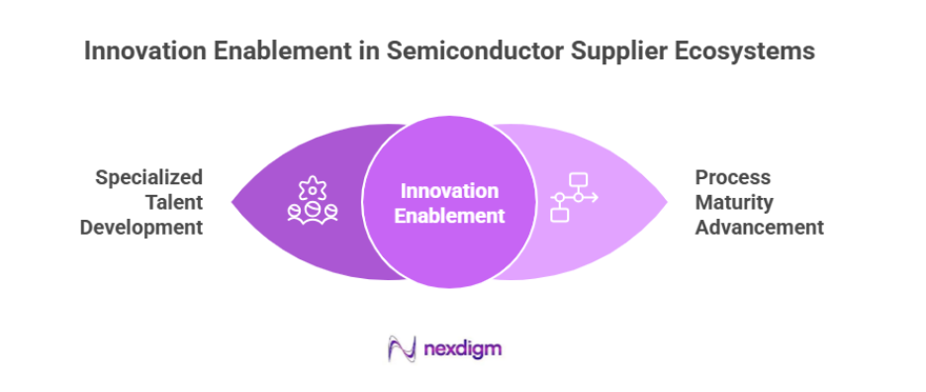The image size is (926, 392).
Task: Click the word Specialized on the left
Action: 149,177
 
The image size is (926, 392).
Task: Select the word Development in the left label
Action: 142,227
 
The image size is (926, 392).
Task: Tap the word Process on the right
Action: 732,177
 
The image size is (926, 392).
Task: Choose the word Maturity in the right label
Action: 734,202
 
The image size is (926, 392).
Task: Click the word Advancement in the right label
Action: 759,227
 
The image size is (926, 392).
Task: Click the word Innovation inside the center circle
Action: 449,190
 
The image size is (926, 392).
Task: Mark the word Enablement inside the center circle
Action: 449,215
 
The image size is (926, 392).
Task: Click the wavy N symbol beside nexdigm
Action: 402,348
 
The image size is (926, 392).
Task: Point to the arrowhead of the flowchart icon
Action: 594,197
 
